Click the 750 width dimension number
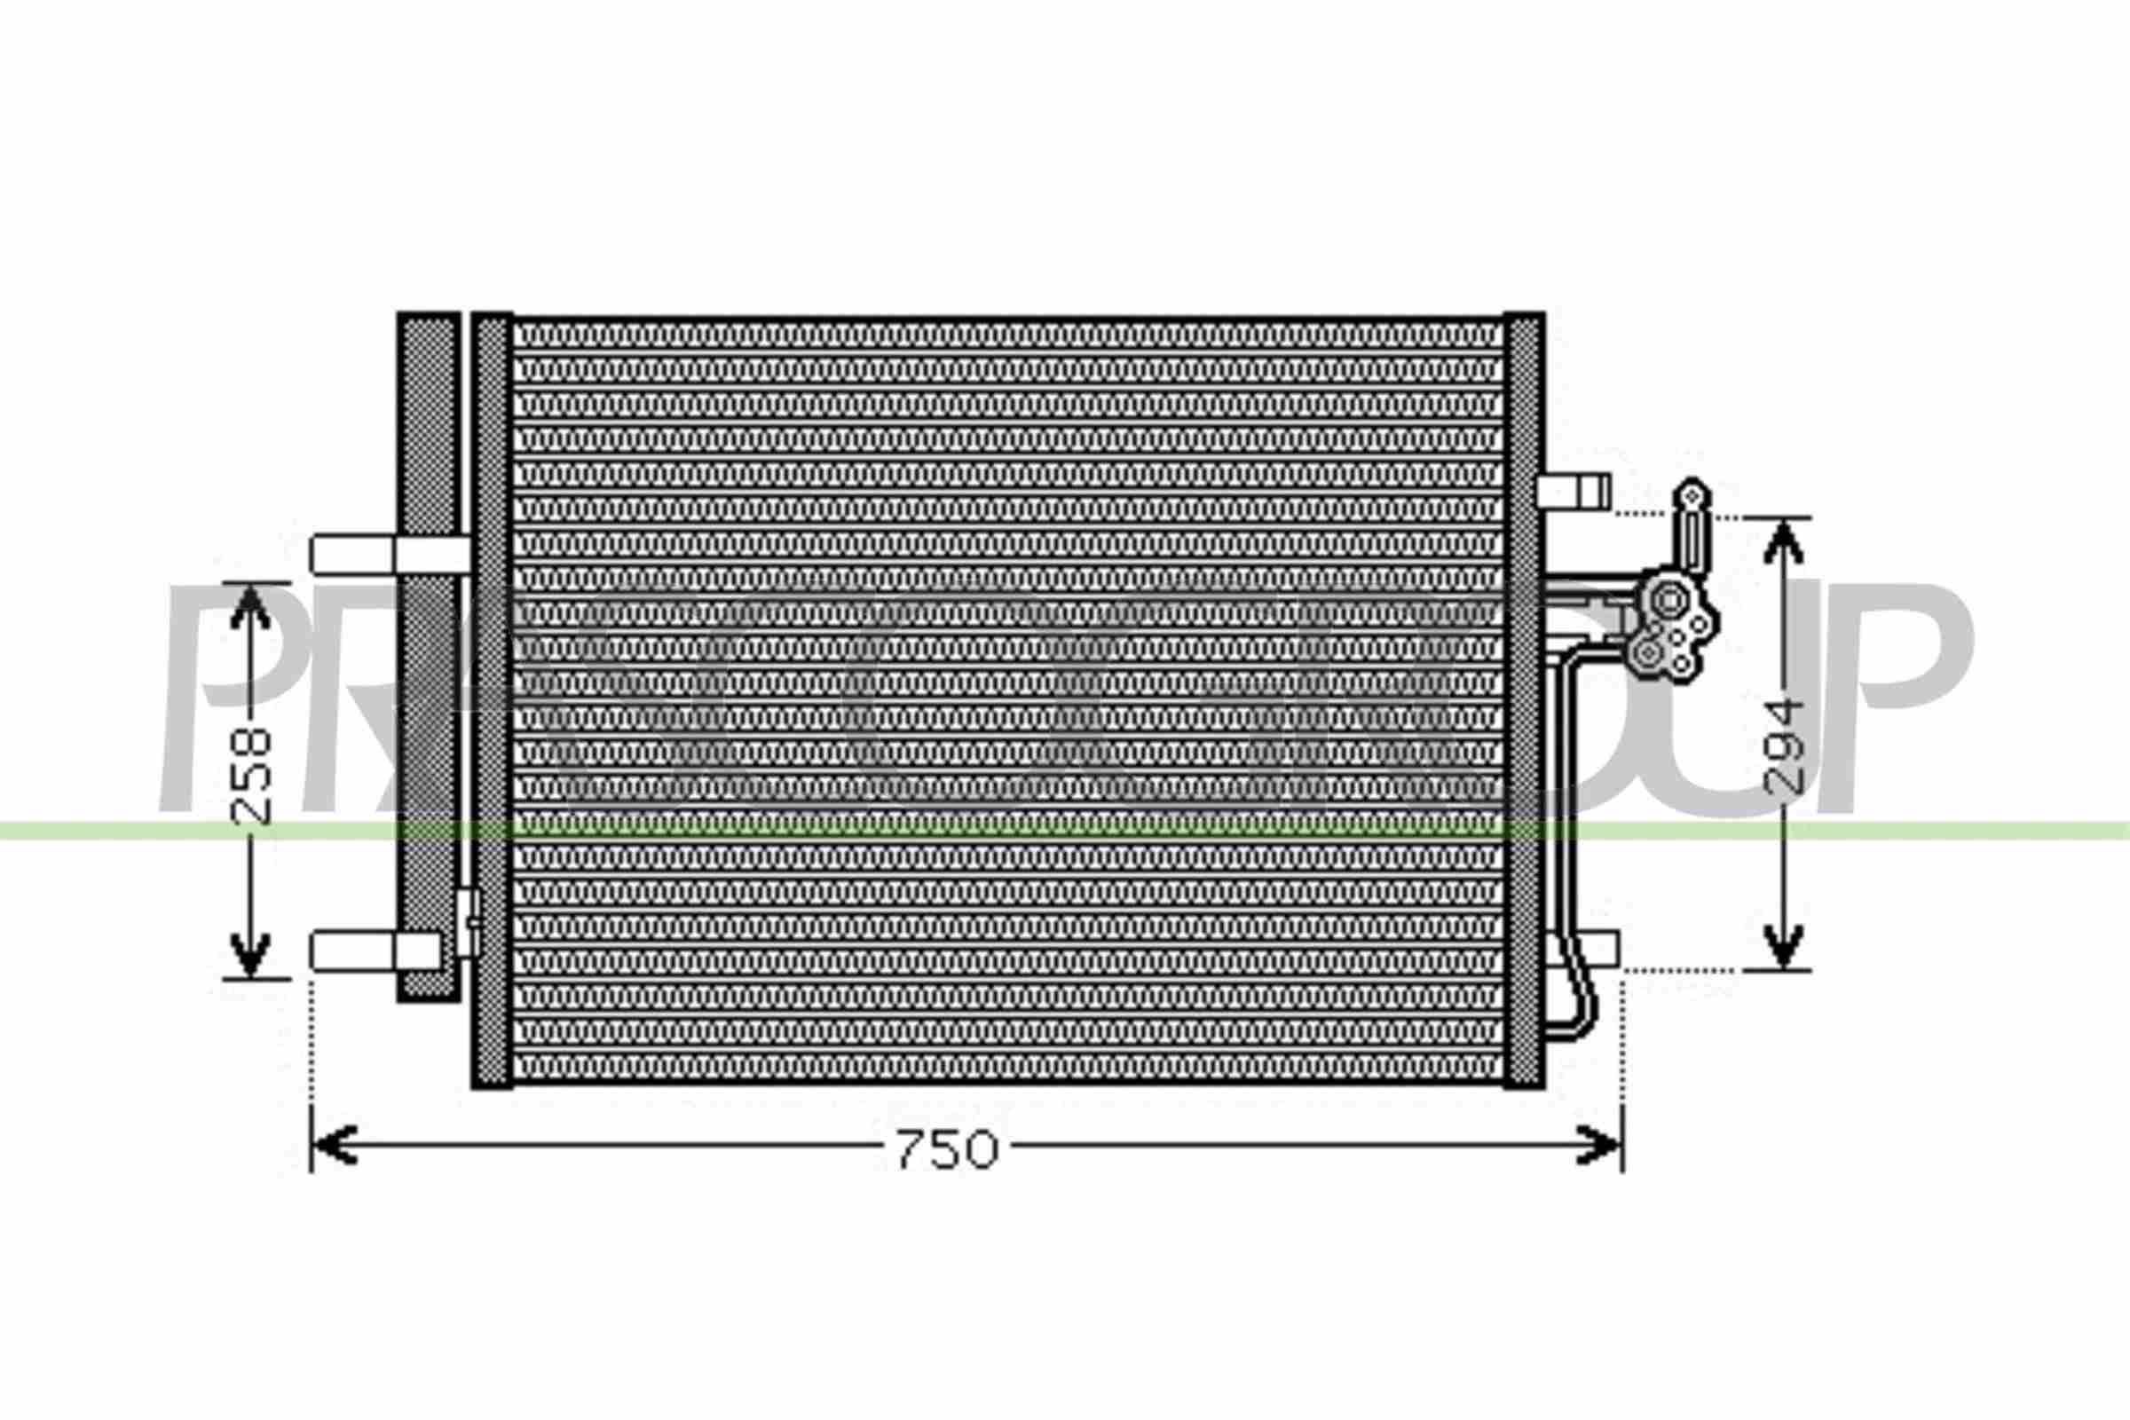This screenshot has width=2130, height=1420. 946,1149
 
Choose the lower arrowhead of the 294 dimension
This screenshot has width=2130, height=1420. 1783,946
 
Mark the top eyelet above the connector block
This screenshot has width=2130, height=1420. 1692,494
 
